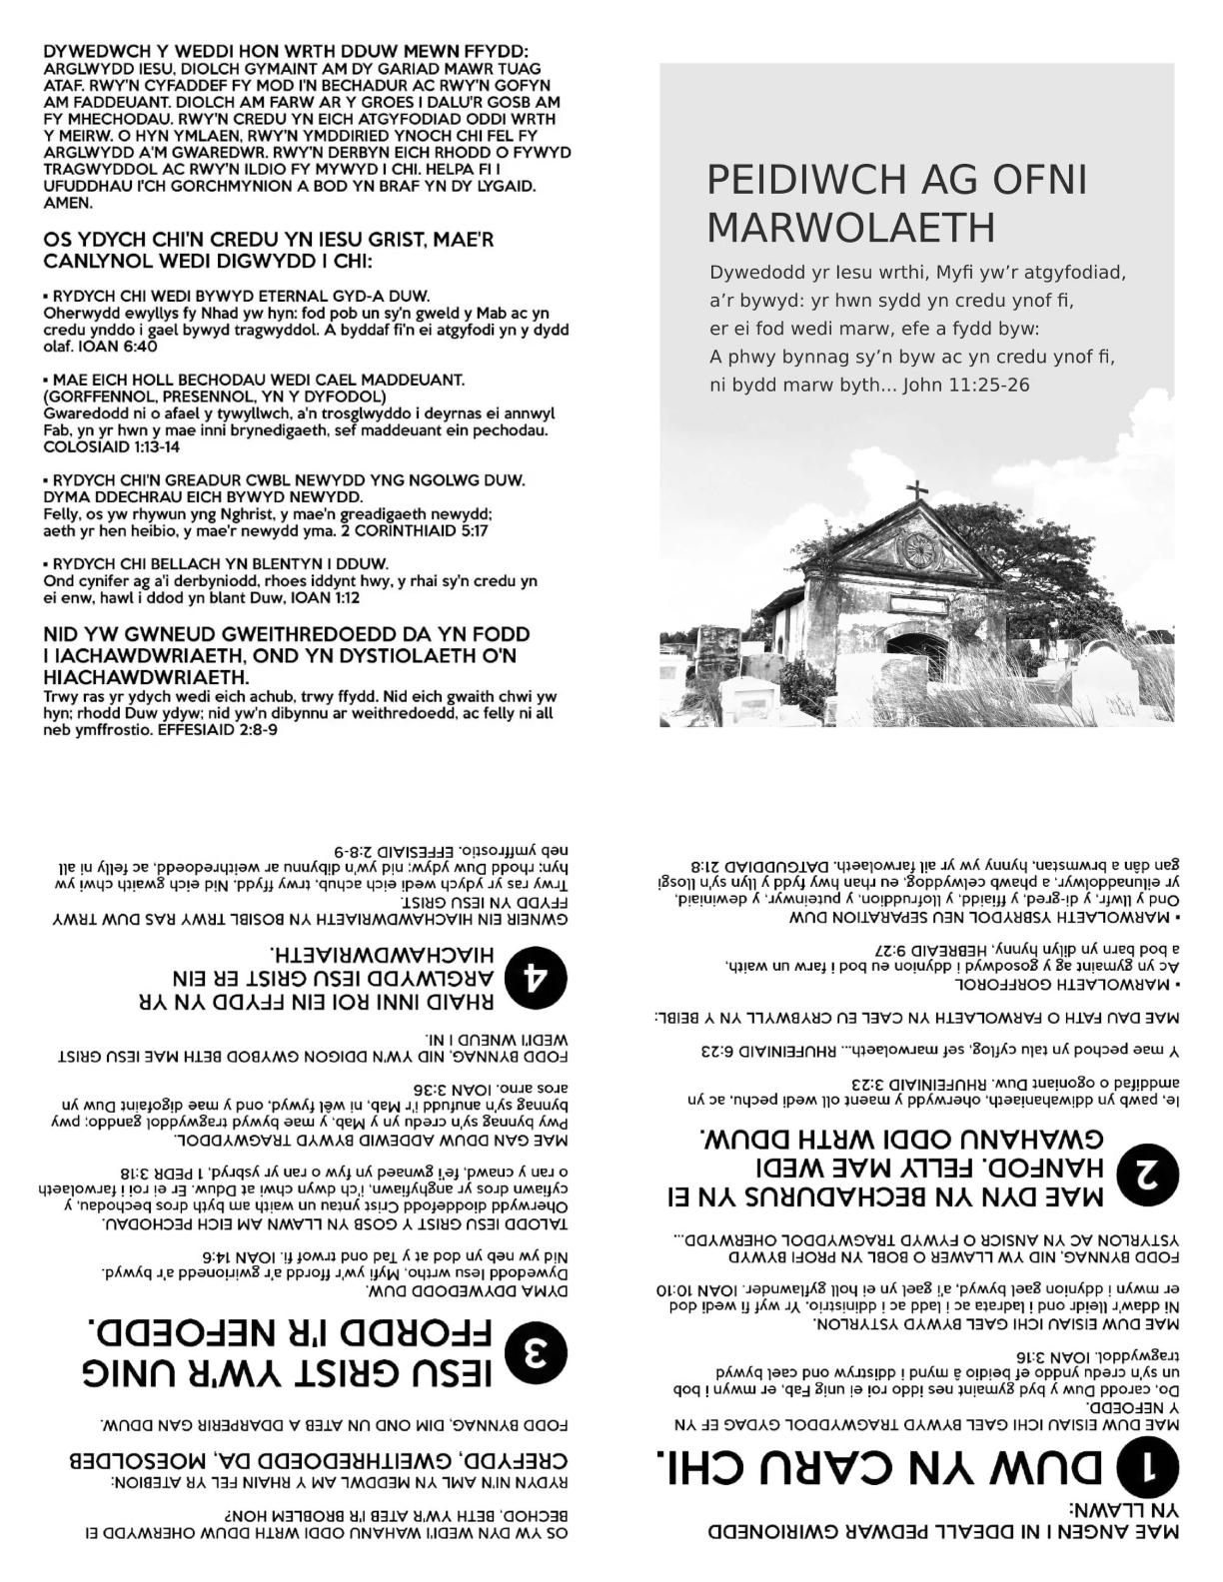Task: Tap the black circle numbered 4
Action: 538,978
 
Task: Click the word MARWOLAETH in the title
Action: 851,229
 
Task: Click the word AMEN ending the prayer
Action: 68,203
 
